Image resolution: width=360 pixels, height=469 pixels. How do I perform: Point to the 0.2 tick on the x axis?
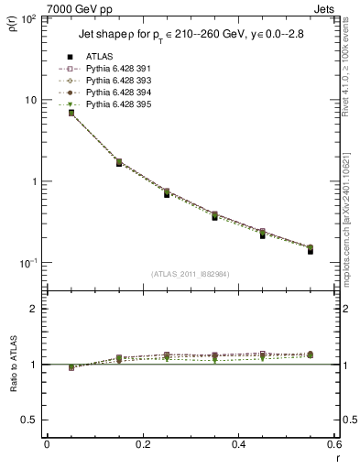click(x=143, y=444)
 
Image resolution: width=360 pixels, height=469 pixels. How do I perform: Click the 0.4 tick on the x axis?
click(x=238, y=444)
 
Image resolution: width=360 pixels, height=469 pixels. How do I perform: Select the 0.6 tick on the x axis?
click(x=333, y=444)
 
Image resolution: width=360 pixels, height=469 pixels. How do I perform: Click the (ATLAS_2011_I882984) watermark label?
click(x=191, y=274)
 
